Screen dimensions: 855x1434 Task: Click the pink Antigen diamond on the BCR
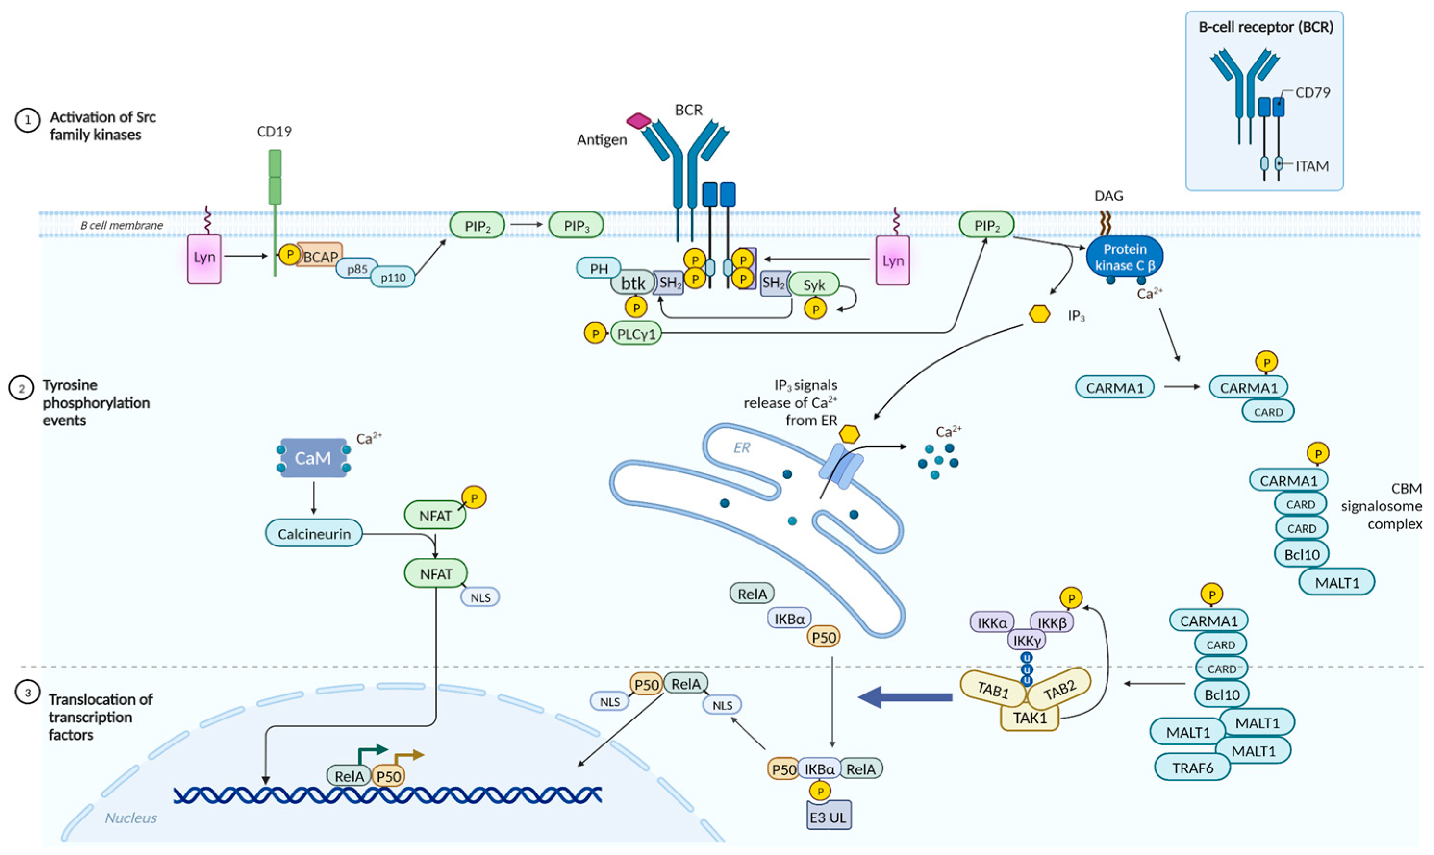pos(639,121)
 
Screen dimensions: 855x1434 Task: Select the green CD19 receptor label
pos(275,132)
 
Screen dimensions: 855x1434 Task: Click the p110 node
pos(392,278)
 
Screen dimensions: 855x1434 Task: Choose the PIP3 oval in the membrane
pos(576,226)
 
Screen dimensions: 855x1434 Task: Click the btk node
pos(633,283)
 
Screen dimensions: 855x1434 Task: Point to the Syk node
pos(814,285)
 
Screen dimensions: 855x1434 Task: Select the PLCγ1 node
pos(636,334)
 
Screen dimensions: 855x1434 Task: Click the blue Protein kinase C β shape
pos(1124,257)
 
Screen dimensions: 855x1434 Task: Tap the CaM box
pos(313,458)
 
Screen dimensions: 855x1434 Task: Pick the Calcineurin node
pos(314,534)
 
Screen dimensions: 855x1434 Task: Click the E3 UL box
pos(828,817)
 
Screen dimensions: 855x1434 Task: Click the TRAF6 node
pos(1192,768)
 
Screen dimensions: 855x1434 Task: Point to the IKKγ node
pos(1027,640)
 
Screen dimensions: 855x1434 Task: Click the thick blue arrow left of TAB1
pos(905,697)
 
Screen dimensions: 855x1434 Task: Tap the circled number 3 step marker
pos(27,693)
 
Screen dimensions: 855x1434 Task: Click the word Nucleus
pos(131,818)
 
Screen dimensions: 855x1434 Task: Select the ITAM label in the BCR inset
pos(1312,166)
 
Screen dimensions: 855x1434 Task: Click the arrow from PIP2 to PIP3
pos(526,225)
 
